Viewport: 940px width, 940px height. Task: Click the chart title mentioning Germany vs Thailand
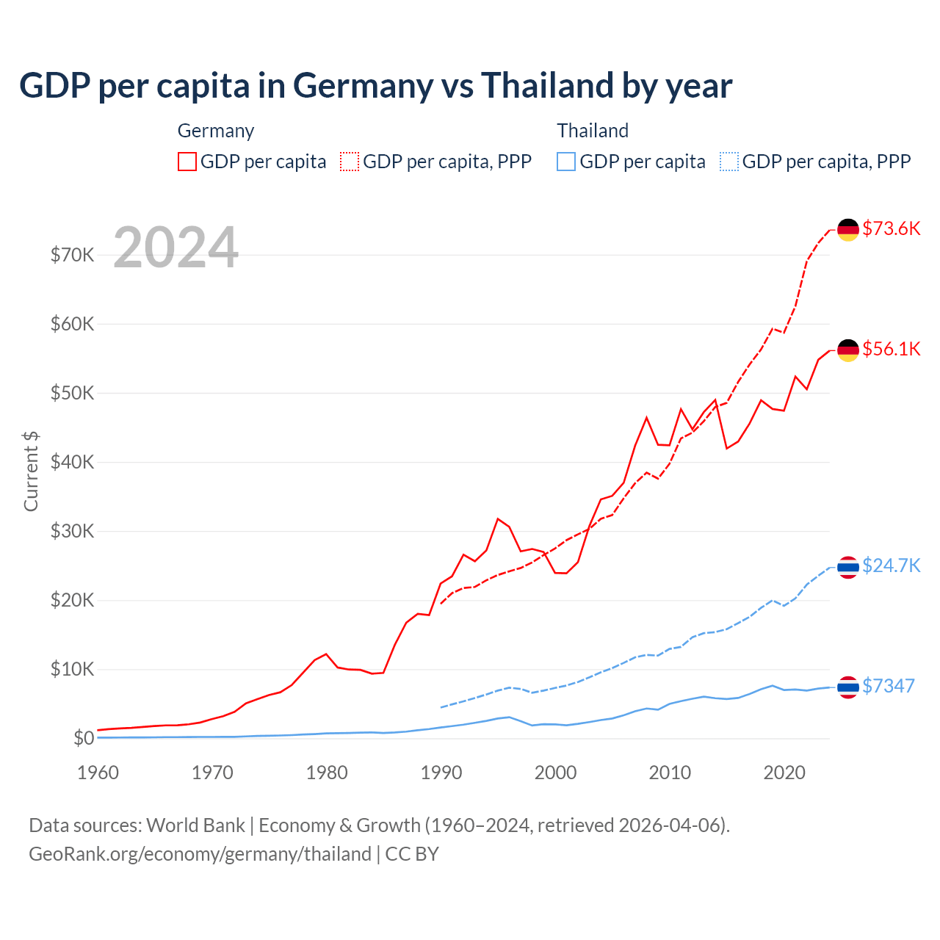(x=375, y=86)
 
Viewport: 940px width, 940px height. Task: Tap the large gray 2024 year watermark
(x=176, y=247)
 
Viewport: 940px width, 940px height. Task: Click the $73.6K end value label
(x=891, y=228)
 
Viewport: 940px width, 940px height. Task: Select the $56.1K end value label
(x=891, y=349)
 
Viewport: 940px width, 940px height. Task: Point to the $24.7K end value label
(x=891, y=565)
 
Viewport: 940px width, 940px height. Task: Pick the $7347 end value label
(x=888, y=686)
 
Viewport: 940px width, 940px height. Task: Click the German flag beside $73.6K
(x=848, y=229)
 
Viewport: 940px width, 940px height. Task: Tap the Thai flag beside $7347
(x=848, y=687)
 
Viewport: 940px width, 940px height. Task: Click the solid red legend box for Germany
(x=187, y=162)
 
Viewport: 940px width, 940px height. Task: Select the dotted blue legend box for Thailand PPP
(x=729, y=162)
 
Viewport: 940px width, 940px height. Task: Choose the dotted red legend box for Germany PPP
(x=350, y=162)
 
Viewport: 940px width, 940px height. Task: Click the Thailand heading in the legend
(x=593, y=131)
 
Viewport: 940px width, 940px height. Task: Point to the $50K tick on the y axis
(x=72, y=393)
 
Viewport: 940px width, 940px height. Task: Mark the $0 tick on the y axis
(x=84, y=738)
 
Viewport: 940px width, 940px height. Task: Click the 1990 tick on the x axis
(x=441, y=773)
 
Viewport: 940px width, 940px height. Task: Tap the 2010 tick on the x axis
(x=670, y=773)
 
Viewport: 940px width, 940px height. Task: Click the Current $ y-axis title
(x=31, y=471)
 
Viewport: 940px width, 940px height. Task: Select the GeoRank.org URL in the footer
(x=200, y=854)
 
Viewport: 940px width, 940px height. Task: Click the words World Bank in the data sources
(x=195, y=825)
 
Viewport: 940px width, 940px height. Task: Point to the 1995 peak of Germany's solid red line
(x=498, y=519)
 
